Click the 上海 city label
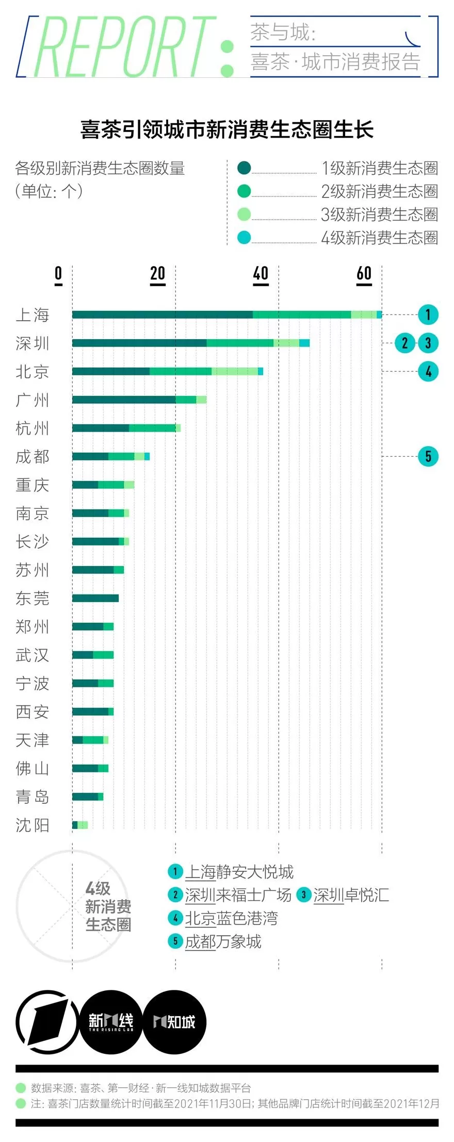click(x=32, y=315)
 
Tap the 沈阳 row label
click(x=32, y=825)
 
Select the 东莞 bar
click(x=95, y=598)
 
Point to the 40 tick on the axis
click(x=261, y=273)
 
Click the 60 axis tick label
click(x=364, y=273)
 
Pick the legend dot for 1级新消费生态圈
click(x=244, y=168)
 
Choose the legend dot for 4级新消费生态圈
click(x=244, y=237)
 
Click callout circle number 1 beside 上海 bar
click(x=428, y=315)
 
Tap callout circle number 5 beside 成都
click(x=428, y=456)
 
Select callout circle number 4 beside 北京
click(x=428, y=371)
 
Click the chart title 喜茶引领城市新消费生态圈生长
click(x=227, y=130)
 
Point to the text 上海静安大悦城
click(x=239, y=872)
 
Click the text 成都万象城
click(x=223, y=941)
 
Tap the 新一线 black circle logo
click(x=111, y=1021)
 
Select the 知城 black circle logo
click(x=174, y=1021)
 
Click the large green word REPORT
click(x=124, y=47)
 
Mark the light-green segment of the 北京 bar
click(x=235, y=371)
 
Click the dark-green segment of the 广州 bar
click(x=124, y=400)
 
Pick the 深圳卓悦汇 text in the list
click(x=351, y=895)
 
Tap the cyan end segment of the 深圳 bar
click(x=304, y=343)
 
